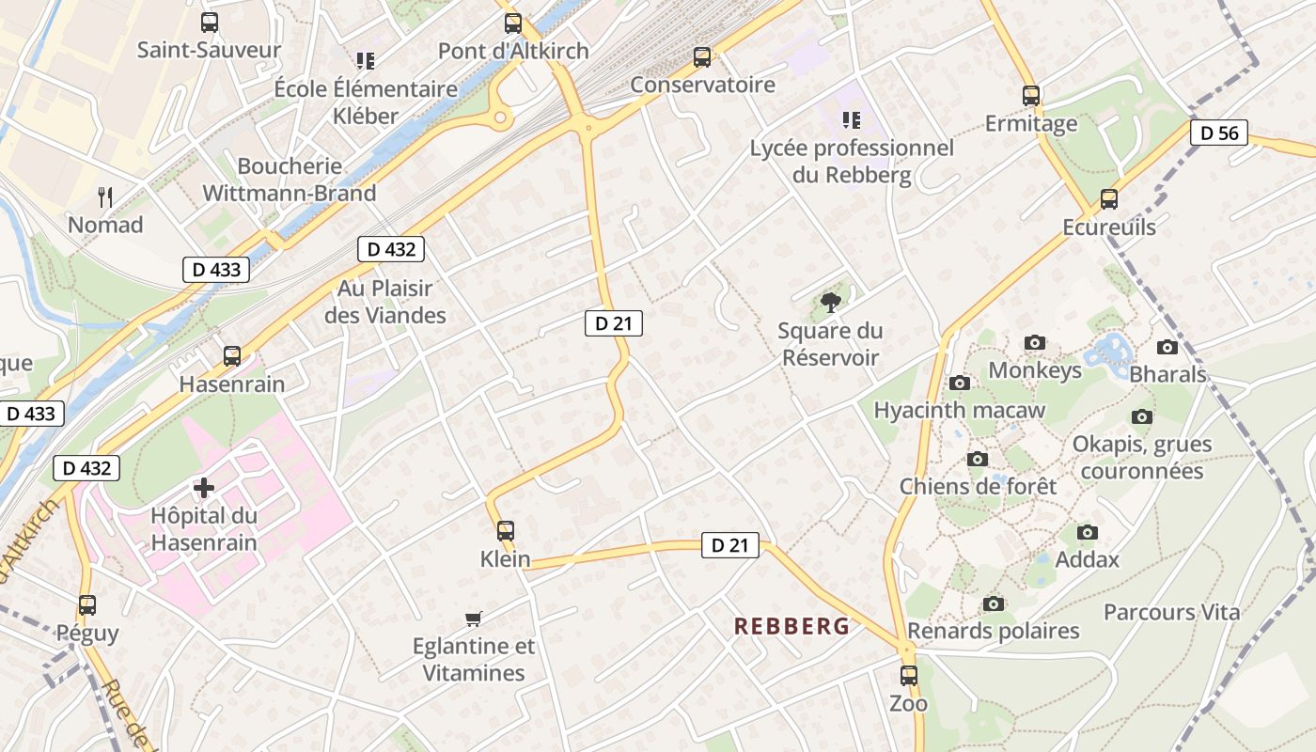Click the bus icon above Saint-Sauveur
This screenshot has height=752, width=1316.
(x=210, y=23)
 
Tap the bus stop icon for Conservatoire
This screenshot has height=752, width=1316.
(x=702, y=57)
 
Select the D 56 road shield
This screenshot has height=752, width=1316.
(x=1219, y=133)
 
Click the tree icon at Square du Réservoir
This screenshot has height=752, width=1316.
(x=830, y=302)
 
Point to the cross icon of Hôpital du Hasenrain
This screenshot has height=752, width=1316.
(x=204, y=487)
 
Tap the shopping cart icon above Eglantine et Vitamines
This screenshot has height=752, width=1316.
(x=474, y=619)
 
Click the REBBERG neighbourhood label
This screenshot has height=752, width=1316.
(x=791, y=626)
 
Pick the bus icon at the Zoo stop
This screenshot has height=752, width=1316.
(x=908, y=675)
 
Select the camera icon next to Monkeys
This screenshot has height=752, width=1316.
(x=1035, y=342)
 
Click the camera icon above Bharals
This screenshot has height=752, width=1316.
(x=1167, y=347)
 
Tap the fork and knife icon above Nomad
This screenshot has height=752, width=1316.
(x=105, y=197)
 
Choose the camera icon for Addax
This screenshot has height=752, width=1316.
(x=1088, y=532)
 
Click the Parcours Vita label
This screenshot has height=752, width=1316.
(x=1171, y=613)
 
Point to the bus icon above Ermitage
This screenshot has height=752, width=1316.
(x=1031, y=96)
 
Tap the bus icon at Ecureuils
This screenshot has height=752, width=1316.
(x=1109, y=199)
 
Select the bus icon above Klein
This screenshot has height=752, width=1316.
(x=506, y=530)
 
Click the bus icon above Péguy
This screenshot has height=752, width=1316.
(x=87, y=605)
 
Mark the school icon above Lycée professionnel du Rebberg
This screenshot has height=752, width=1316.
(x=852, y=120)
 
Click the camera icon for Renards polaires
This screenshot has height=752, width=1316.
(x=994, y=603)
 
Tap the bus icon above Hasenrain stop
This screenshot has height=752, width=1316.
(x=232, y=356)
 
